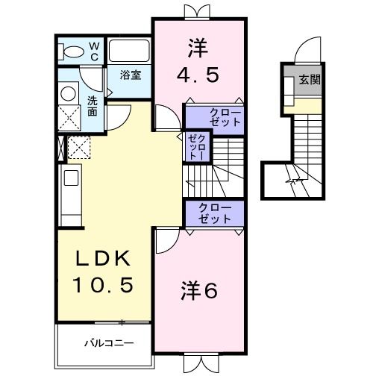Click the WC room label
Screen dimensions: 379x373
click(95, 51)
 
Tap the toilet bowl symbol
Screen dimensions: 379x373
click(73, 52)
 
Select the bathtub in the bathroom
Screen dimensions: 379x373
click(131, 51)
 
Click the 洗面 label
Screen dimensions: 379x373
click(92, 105)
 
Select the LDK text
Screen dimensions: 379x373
click(106, 258)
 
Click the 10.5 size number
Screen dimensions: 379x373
click(106, 284)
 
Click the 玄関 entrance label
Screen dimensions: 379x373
click(310, 80)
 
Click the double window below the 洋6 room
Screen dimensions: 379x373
click(199, 364)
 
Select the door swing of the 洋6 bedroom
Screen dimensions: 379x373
click(167, 240)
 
